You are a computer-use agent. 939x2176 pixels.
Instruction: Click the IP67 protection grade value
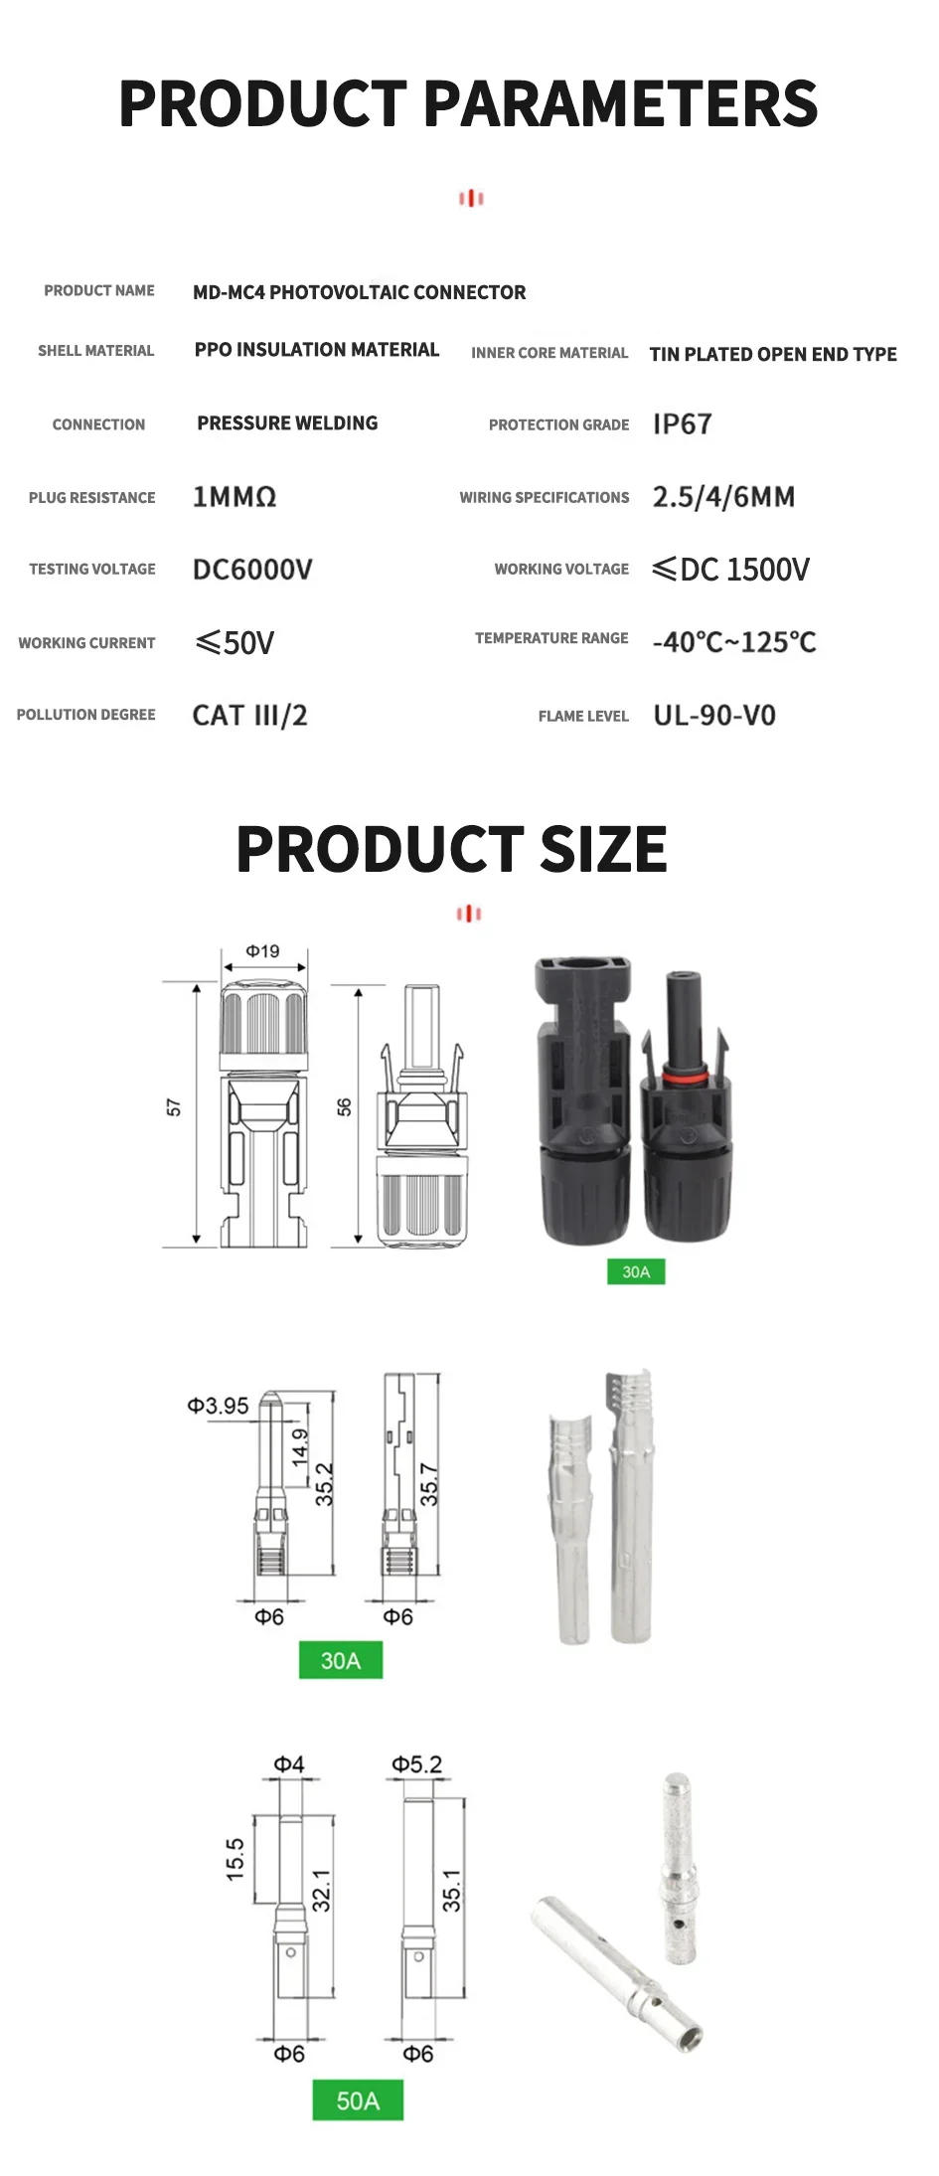point(682,424)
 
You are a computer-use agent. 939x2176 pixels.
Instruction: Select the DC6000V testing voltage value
point(252,570)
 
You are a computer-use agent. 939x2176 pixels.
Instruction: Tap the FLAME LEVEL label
point(583,716)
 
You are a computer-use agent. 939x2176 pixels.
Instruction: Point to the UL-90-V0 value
point(713,716)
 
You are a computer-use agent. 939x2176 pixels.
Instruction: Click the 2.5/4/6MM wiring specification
point(723,497)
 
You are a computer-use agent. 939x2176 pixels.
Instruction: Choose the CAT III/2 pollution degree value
point(249,716)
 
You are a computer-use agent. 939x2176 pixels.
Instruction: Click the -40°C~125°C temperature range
point(733,642)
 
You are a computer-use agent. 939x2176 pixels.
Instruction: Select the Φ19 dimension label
point(263,951)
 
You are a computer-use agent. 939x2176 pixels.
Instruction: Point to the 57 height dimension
point(175,1107)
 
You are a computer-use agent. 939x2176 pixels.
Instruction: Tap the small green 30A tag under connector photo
point(636,1271)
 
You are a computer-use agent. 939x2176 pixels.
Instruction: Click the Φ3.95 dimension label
point(218,1406)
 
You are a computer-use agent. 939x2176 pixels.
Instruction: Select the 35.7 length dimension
point(429,1484)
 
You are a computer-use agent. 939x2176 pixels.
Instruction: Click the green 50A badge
point(358,2099)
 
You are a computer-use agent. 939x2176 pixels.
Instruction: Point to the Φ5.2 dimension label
point(416,1763)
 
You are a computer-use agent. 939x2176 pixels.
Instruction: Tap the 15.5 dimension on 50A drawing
point(235,1858)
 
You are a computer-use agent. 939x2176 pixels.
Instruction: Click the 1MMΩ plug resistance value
point(235,497)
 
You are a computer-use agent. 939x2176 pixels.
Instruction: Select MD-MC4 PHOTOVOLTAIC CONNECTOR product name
point(359,292)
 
